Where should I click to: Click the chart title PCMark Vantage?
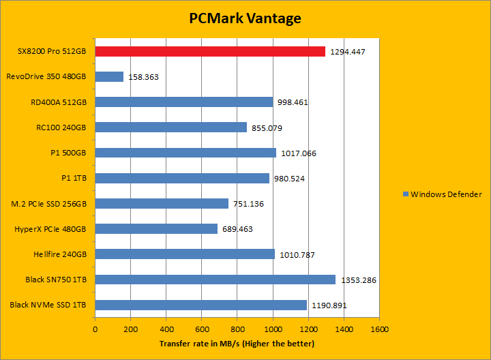(245, 18)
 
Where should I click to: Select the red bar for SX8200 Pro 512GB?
(210, 51)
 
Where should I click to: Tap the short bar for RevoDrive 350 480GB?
(109, 76)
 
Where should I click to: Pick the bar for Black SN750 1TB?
(215, 280)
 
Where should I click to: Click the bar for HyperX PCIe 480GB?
(156, 229)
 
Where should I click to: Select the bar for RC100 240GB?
(171, 127)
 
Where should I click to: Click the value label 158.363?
(143, 77)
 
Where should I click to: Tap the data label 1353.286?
(357, 280)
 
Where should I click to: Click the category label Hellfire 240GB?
(59, 254)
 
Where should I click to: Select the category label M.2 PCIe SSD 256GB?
(49, 203)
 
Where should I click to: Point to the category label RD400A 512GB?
(59, 102)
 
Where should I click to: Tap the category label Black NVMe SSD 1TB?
(48, 305)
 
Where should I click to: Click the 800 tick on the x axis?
(237, 329)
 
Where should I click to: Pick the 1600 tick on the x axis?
(379, 329)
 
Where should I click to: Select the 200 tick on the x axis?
(131, 329)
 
